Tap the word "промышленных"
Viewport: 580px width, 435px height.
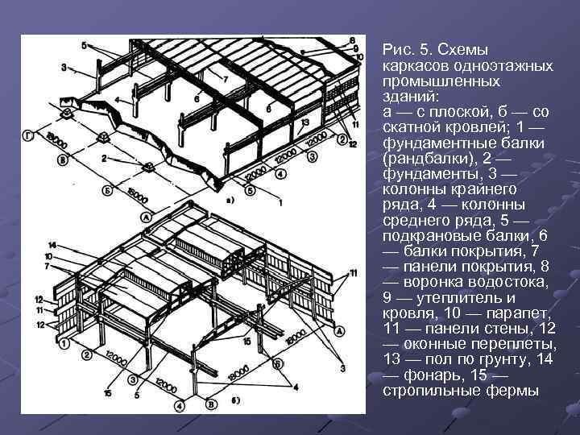point(435,81)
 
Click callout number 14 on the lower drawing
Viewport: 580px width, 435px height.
point(53,244)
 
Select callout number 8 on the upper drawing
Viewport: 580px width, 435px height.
point(354,40)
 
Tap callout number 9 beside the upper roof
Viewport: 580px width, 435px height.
point(355,48)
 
